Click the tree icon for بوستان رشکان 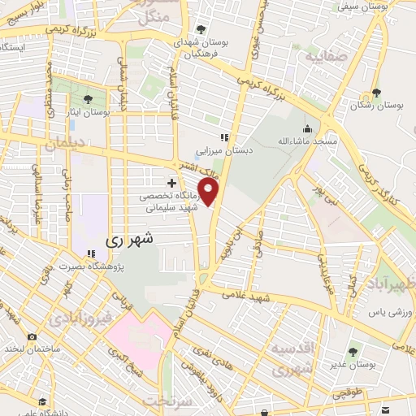(x=375, y=93)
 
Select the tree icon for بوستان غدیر (x=353, y=353)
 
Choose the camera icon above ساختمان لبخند (x=32, y=336)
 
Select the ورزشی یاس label (x=389, y=312)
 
